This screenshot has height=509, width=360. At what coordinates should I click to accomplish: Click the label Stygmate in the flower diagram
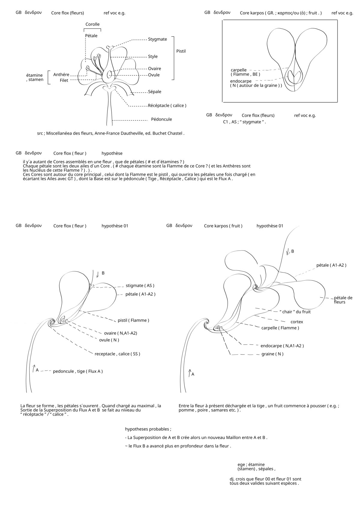pos(157,39)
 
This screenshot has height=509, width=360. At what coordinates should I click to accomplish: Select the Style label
pos(153,57)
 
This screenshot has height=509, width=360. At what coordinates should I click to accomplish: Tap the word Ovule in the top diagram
pos(154,75)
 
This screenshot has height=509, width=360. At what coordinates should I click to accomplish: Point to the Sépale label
pos(154,92)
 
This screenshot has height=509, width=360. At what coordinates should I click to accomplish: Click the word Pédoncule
pos(161,119)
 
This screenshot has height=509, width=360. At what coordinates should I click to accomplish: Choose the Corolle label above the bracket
pos(92,24)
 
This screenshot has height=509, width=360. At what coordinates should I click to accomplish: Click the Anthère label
pos(61,75)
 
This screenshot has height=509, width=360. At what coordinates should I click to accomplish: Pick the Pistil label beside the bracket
pos(181,51)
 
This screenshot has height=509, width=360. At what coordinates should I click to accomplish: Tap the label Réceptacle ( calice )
pos(167,106)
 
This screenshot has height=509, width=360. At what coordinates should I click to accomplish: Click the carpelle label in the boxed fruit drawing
pos(238,70)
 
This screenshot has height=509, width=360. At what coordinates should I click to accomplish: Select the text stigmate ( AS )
pos(140,286)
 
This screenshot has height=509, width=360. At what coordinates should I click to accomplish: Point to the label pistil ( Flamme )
pos(133,320)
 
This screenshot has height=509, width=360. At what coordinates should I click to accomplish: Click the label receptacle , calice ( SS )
pos(117,354)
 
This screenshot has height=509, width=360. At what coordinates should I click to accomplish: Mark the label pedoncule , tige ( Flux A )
pos(78,371)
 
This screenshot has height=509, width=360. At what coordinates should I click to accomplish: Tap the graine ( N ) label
pos(272,354)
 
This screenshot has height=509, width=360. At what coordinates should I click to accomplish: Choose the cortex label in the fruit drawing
pos(297,322)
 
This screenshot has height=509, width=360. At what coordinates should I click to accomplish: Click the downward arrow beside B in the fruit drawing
pos(288,252)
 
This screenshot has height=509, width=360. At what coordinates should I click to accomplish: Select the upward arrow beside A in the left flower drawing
pos(34,369)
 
